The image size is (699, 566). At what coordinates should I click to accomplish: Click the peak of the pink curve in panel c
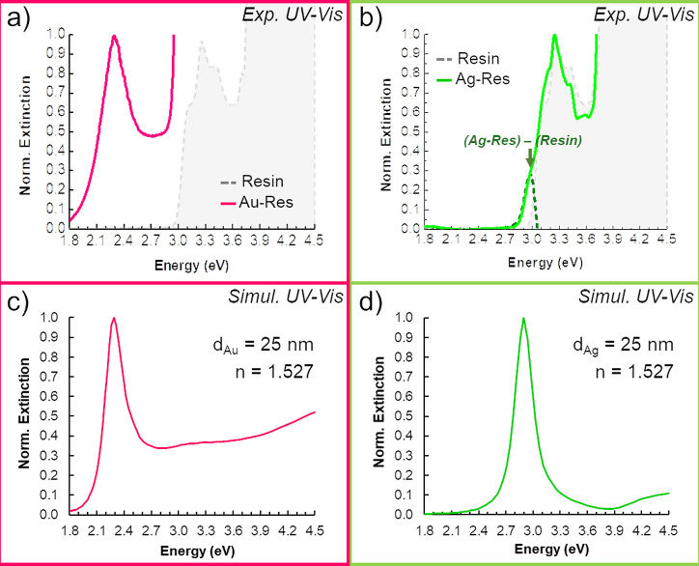115,318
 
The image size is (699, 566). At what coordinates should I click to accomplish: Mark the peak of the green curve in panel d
523,318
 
